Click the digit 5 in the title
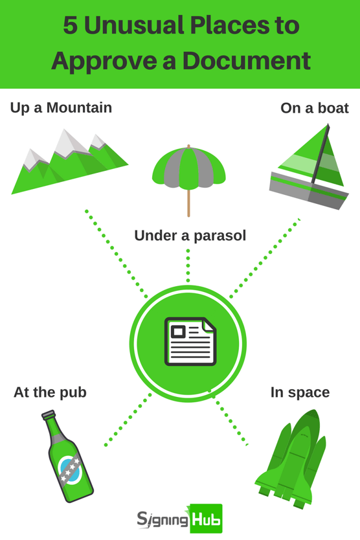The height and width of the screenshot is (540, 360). click(x=71, y=25)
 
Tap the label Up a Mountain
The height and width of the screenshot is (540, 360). click(x=61, y=107)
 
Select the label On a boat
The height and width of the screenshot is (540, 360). click(x=315, y=108)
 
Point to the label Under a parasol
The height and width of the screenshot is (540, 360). click(x=190, y=236)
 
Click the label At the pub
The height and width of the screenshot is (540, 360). click(x=50, y=392)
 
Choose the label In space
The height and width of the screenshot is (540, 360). click(x=300, y=392)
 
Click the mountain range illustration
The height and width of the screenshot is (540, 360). click(x=69, y=161)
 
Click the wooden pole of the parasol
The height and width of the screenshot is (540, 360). click(x=189, y=203)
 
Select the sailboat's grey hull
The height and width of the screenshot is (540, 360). click(x=309, y=190)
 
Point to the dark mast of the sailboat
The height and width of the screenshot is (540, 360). click(x=320, y=153)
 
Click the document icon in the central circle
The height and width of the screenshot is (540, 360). click(x=190, y=341)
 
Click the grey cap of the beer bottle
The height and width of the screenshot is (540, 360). click(x=48, y=414)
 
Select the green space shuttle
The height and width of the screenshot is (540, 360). click(x=291, y=458)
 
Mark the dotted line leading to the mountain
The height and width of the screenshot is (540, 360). click(x=117, y=253)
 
